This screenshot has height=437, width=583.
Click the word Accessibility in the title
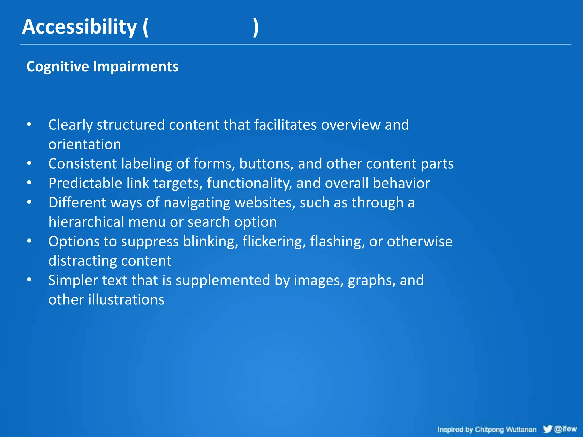[x=79, y=27]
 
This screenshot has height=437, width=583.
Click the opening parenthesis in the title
[x=145, y=28]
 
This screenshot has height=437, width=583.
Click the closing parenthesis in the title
[x=256, y=28]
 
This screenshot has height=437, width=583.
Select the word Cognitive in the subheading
[x=58, y=67]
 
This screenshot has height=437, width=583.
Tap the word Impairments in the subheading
[x=136, y=67]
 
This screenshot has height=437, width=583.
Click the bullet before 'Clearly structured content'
[x=29, y=124]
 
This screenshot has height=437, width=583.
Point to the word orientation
[x=85, y=144]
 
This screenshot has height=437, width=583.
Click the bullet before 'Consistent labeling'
[x=29, y=163]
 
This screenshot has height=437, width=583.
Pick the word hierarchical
[x=86, y=222]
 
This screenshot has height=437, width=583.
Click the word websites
[x=265, y=203]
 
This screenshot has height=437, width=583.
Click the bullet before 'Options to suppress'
[x=29, y=241]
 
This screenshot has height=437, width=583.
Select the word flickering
[x=274, y=242]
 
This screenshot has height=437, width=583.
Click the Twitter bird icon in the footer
[x=547, y=429]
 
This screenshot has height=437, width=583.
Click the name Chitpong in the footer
[x=489, y=430]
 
